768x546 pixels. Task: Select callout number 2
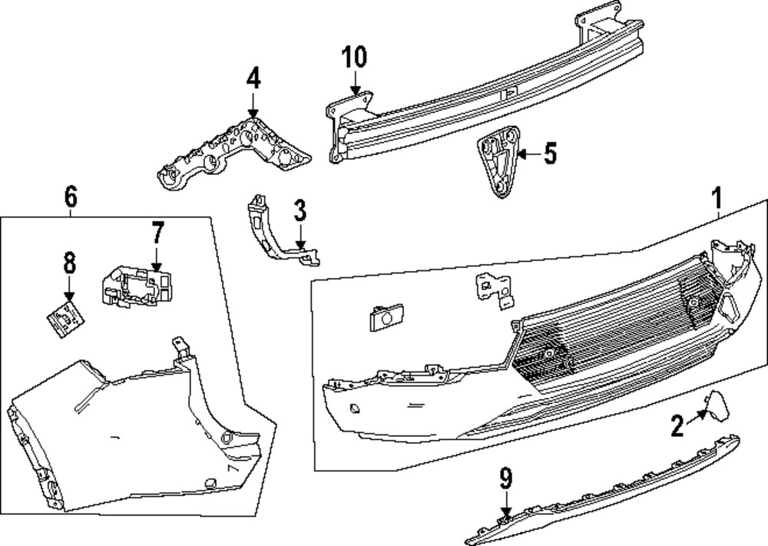pyautogui.click(x=677, y=425)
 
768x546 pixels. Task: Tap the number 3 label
pyautogui.click(x=300, y=209)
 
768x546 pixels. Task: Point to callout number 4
pyautogui.click(x=253, y=78)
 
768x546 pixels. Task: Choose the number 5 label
pyautogui.click(x=549, y=154)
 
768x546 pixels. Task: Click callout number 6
pyautogui.click(x=70, y=197)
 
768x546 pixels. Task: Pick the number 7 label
pyautogui.click(x=157, y=231)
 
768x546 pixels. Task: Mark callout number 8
pyautogui.click(x=69, y=265)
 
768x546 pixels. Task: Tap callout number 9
pyautogui.click(x=505, y=480)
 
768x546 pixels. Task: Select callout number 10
pyautogui.click(x=355, y=57)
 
